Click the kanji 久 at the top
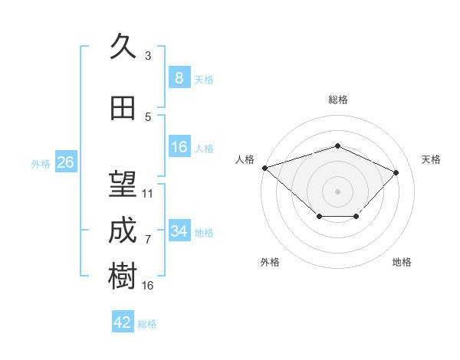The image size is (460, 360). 123,46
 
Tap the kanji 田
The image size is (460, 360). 123,108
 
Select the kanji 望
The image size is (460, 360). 123,184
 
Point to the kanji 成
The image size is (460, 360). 123,230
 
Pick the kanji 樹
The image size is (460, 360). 123,276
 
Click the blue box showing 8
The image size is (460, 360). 179,77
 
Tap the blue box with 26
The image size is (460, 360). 66,162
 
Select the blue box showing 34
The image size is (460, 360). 179,230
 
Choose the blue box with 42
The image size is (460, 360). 123,321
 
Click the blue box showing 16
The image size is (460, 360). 179,146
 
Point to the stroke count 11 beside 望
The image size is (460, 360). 147,194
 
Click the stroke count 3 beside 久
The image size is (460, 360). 148,56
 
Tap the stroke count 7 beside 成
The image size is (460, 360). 148,240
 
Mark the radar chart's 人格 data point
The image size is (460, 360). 265,168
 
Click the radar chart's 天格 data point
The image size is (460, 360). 396,172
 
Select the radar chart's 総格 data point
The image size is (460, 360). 337,146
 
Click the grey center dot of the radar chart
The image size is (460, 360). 337,191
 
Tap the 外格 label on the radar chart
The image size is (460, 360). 270,262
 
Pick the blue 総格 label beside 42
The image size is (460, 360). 147,324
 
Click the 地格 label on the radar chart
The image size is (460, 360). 402,262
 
